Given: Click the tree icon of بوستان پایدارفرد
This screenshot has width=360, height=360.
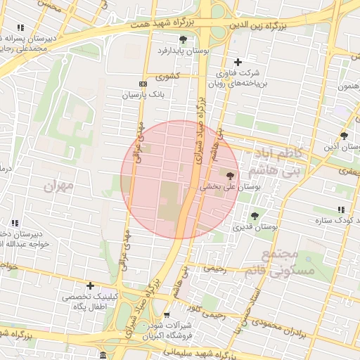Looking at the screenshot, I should click(184, 39).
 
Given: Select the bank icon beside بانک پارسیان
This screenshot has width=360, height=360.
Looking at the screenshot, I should click(143, 83).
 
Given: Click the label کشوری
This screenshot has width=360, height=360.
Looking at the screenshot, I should click(168, 76).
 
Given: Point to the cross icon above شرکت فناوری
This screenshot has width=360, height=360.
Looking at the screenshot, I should click(238, 63).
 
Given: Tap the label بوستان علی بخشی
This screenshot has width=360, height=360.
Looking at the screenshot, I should click(231, 188).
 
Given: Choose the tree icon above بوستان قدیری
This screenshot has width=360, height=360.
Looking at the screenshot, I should click(255, 216).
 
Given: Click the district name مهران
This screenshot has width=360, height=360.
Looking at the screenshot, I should click(58, 186).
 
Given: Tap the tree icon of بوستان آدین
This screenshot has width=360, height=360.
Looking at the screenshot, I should click(344, 136).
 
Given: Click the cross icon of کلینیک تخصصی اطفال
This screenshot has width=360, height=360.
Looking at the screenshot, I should click(90, 285).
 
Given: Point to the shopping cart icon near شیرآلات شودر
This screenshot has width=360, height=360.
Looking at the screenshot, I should click(167, 315).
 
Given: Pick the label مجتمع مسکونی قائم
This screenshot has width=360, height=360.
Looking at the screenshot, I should click(271, 262).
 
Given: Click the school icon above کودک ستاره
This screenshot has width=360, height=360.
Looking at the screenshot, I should click(341, 210).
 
